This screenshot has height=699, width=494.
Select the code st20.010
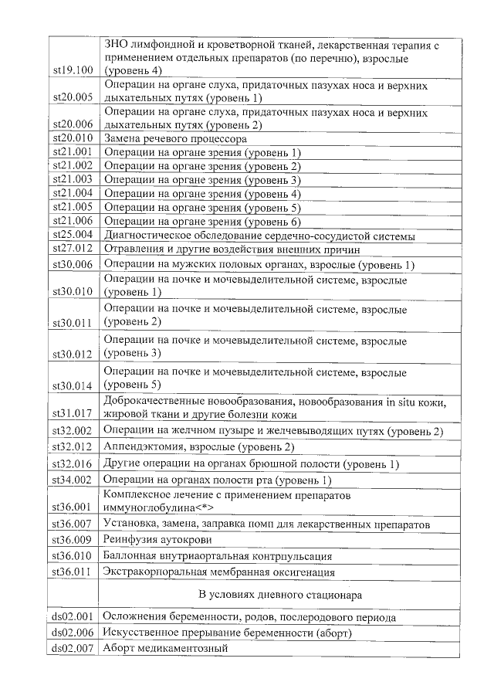coord(73,139)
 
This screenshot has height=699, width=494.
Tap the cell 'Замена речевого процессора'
coord(175,139)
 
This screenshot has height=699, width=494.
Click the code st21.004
coord(73,194)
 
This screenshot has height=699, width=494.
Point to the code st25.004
coord(73,236)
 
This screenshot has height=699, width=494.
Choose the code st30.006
coord(73,265)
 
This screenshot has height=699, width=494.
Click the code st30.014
coord(73,385)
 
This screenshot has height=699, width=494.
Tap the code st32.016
coord(73,464)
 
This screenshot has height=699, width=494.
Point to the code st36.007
coord(73,524)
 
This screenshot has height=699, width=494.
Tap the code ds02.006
coord(73,633)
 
